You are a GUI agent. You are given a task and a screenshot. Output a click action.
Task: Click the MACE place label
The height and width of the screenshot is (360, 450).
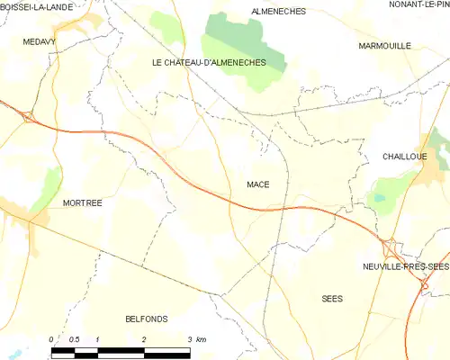258,184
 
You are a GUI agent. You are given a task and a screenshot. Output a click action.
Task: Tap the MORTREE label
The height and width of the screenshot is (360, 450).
83,203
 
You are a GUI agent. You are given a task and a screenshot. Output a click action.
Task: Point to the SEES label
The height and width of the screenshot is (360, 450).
333,298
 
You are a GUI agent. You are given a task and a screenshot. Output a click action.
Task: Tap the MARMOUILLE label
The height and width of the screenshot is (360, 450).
384,45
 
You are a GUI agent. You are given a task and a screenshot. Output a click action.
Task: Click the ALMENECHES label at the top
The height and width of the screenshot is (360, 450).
279,12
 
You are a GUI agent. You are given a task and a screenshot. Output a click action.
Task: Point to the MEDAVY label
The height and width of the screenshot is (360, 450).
40,41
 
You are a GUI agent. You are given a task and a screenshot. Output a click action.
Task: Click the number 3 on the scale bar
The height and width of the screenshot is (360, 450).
190,338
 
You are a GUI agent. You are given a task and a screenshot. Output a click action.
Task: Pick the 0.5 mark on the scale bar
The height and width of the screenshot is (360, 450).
74,338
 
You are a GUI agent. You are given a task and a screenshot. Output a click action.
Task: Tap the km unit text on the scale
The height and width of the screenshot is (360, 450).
202,338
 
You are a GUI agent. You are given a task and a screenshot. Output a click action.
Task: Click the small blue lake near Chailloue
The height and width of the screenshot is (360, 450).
378,197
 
